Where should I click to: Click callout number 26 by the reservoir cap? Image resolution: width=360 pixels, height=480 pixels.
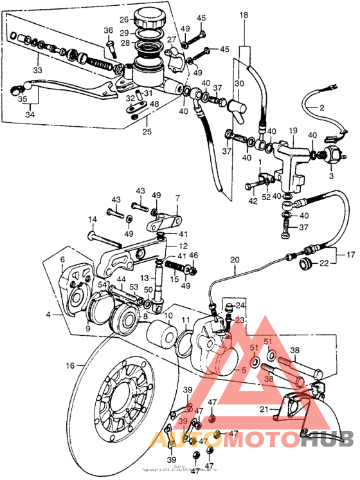(123, 19)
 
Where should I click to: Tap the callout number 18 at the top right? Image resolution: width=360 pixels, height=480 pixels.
(244, 14)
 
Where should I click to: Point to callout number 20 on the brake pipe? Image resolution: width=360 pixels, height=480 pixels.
(234, 260)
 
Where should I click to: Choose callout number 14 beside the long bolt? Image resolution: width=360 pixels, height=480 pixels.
(93, 219)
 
